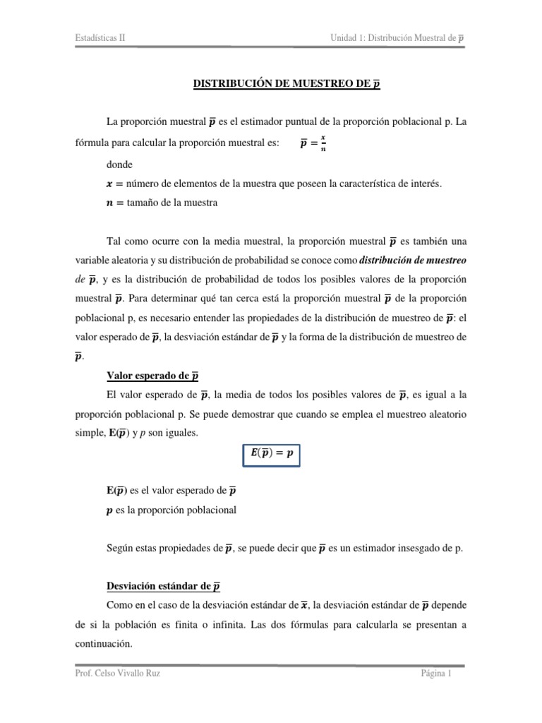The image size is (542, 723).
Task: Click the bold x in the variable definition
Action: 109,183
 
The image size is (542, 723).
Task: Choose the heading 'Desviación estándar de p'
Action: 163,585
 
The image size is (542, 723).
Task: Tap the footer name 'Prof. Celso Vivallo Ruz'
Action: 117,674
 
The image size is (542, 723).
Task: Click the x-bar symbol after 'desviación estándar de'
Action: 304,605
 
